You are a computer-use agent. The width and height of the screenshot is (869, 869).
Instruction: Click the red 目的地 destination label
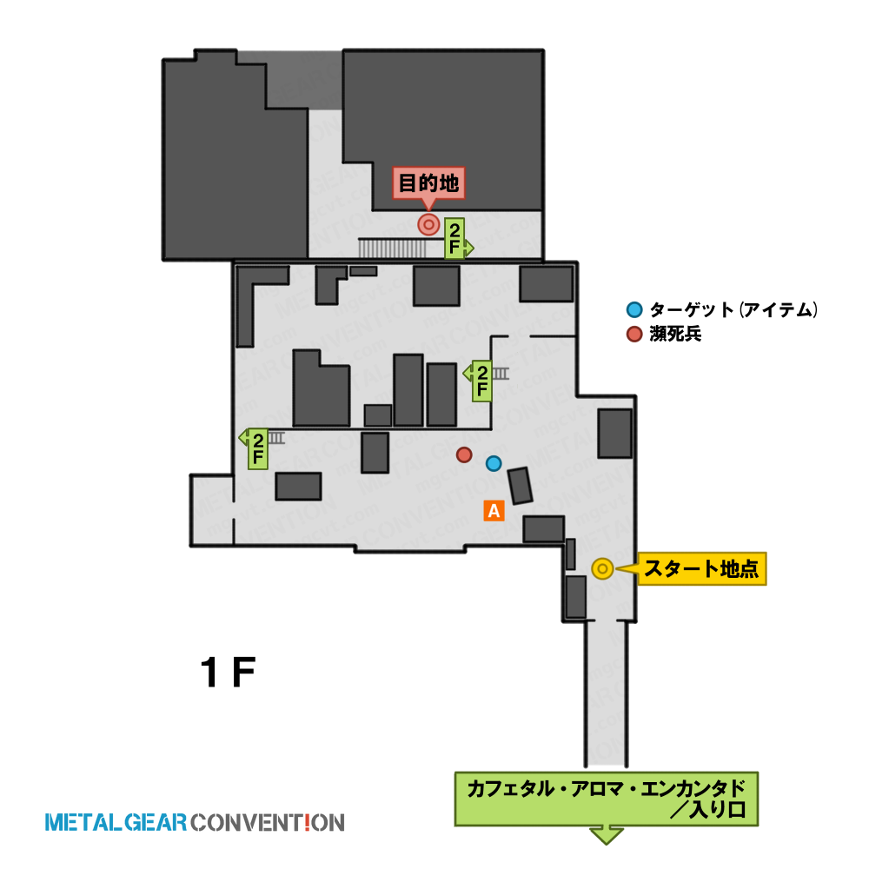point(428,182)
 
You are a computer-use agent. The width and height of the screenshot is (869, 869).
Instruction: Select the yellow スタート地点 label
point(701,568)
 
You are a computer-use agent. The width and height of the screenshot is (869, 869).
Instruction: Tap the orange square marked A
point(494,510)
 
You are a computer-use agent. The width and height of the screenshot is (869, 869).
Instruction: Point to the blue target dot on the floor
point(494,463)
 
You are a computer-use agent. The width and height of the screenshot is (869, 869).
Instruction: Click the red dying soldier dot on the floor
point(464,455)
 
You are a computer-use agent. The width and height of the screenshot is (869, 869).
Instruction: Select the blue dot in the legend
point(634,309)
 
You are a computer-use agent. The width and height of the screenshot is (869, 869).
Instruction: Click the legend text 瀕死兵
point(675,335)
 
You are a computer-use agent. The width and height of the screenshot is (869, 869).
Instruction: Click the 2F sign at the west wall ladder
point(256,449)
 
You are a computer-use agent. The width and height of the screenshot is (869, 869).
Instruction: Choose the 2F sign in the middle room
point(480,381)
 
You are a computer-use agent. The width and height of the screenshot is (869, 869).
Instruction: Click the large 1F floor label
point(228,673)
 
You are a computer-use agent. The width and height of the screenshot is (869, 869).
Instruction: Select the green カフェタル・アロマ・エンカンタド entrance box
point(607,799)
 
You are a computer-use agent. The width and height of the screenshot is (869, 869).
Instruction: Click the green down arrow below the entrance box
point(607,835)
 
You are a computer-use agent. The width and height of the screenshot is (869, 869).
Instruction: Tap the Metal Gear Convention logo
point(195,822)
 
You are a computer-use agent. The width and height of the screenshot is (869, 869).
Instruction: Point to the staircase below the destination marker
point(393,248)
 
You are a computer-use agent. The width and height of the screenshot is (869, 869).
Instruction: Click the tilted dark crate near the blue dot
point(520,486)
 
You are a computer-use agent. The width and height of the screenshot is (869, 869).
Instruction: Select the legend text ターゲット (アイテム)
point(733,309)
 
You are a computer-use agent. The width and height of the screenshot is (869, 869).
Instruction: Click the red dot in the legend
point(634,335)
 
